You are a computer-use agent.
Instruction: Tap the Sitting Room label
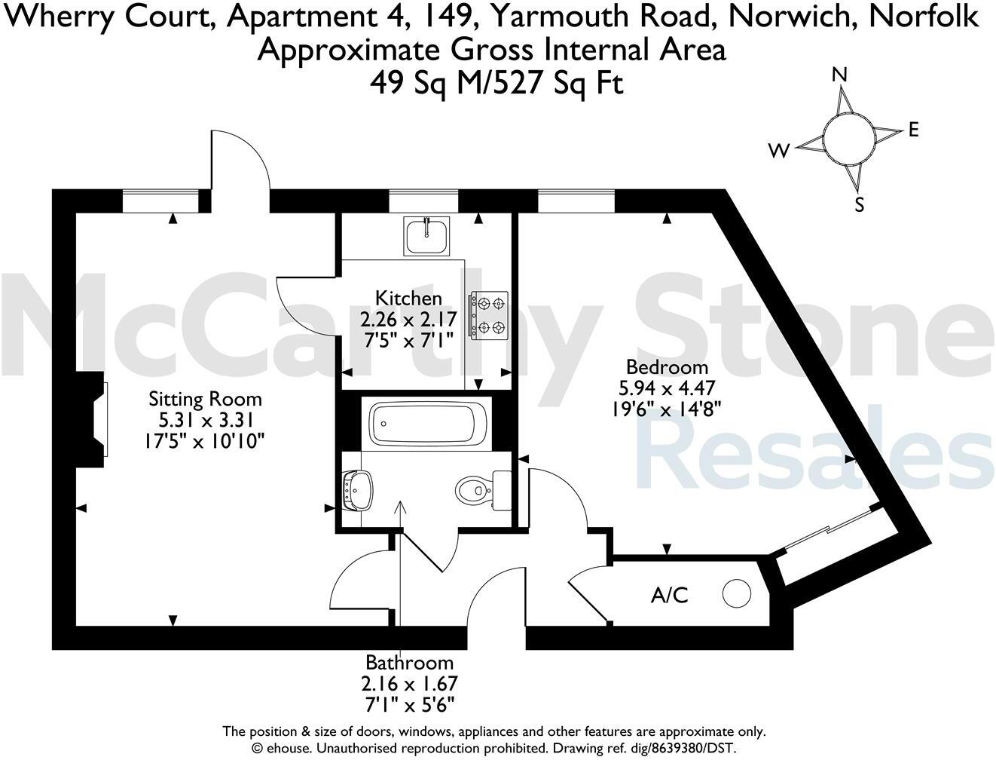tap(205, 398)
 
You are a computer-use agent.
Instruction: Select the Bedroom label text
tap(668, 367)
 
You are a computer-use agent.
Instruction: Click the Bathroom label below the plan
tap(410, 663)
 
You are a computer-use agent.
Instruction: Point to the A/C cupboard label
tap(670, 596)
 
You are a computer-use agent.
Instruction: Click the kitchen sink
tap(426, 235)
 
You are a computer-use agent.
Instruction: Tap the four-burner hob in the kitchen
tap(489, 314)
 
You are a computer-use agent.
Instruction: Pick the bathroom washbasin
tap(356, 490)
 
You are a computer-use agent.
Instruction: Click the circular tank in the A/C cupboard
tap(737, 593)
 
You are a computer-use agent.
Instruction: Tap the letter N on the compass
tap(840, 74)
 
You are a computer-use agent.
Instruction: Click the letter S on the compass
tap(860, 204)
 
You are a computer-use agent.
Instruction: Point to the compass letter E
tap(914, 130)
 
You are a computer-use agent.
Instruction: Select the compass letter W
tap(779, 152)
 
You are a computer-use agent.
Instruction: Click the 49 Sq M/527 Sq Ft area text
tap(496, 81)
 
